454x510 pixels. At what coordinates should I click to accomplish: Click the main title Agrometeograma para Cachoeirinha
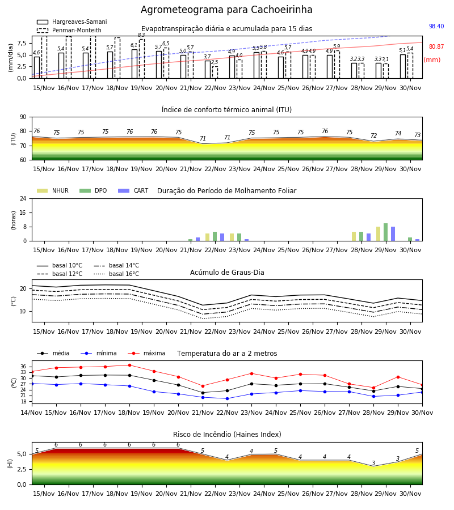click(x=226, y=10)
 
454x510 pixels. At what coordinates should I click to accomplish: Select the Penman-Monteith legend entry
click(x=69, y=30)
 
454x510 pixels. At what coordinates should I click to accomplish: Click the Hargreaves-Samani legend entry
click(x=72, y=22)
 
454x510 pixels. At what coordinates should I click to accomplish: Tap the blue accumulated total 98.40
click(x=436, y=26)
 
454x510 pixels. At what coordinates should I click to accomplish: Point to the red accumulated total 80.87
click(x=436, y=47)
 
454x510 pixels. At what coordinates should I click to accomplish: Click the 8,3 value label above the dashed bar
click(x=141, y=35)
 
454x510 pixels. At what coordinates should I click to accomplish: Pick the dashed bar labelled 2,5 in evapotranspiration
click(x=215, y=72)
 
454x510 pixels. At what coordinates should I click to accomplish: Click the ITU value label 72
click(x=373, y=135)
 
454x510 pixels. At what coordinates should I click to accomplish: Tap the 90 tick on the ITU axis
click(x=23, y=117)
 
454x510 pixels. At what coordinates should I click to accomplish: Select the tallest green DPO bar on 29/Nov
click(x=385, y=232)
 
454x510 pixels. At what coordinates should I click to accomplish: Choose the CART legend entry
click(x=133, y=190)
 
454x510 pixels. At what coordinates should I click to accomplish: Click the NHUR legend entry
click(x=53, y=190)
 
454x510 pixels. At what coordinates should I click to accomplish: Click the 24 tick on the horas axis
click(x=23, y=198)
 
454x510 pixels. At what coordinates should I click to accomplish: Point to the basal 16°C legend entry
click(x=116, y=274)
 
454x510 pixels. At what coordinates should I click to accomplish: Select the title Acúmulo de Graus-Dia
click(x=227, y=273)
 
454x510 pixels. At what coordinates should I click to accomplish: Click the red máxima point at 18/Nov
click(x=129, y=365)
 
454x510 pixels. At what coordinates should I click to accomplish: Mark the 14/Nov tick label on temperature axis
click(x=32, y=413)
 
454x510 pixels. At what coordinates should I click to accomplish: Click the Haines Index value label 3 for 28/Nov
click(x=373, y=463)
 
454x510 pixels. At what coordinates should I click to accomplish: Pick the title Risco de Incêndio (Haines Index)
click(x=227, y=435)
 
